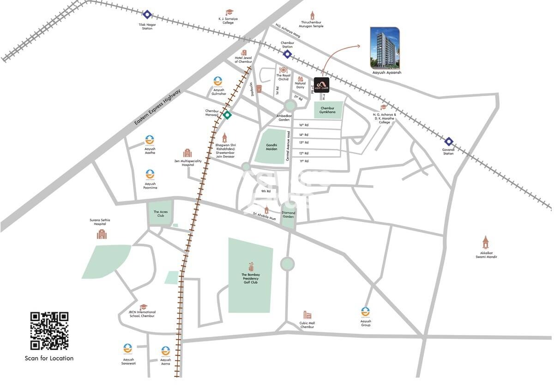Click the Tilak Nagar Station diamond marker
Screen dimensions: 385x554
(147, 15)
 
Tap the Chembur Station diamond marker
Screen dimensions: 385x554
(287, 55)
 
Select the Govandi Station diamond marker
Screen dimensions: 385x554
(448, 141)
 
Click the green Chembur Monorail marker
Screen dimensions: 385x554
(227, 115)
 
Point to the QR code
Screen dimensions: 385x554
(49, 331)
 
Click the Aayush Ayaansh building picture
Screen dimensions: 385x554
(385, 48)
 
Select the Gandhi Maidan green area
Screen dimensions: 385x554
(271, 147)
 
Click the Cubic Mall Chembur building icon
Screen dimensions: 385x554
(307, 315)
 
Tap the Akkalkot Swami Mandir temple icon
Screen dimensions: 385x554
(485, 242)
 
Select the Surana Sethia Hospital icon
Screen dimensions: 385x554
(102, 234)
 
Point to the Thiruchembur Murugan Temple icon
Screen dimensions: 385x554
(312, 15)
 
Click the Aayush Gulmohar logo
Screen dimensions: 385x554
(218, 82)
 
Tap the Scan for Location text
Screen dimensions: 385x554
(49, 358)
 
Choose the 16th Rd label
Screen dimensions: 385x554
(303, 125)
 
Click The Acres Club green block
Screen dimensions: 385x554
(159, 213)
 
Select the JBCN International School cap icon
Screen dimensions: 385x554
(144, 307)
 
